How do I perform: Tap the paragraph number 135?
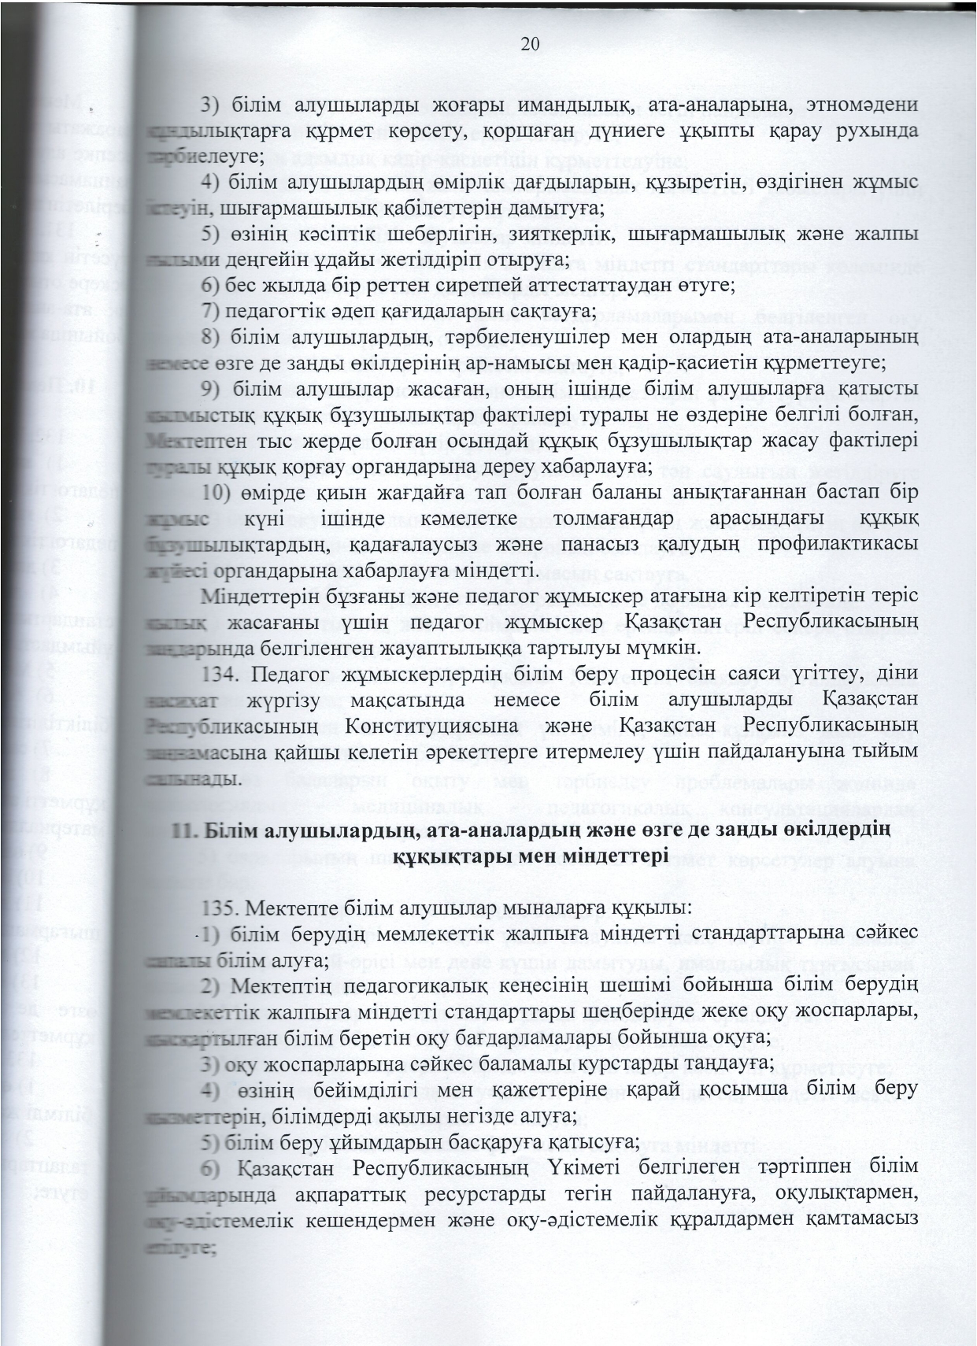point(220,908)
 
